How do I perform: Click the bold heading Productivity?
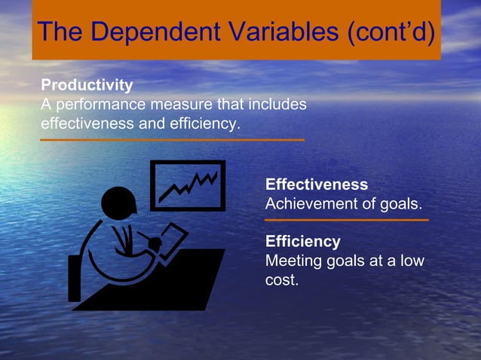coord(87,85)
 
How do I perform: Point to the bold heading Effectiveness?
coord(317,185)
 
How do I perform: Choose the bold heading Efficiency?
coord(303,242)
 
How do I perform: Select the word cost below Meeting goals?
coord(281,279)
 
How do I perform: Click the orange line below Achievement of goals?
coord(347,220)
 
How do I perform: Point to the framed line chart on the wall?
coord(188,185)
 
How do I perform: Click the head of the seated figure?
coord(118,203)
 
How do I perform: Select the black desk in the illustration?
coord(162,286)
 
